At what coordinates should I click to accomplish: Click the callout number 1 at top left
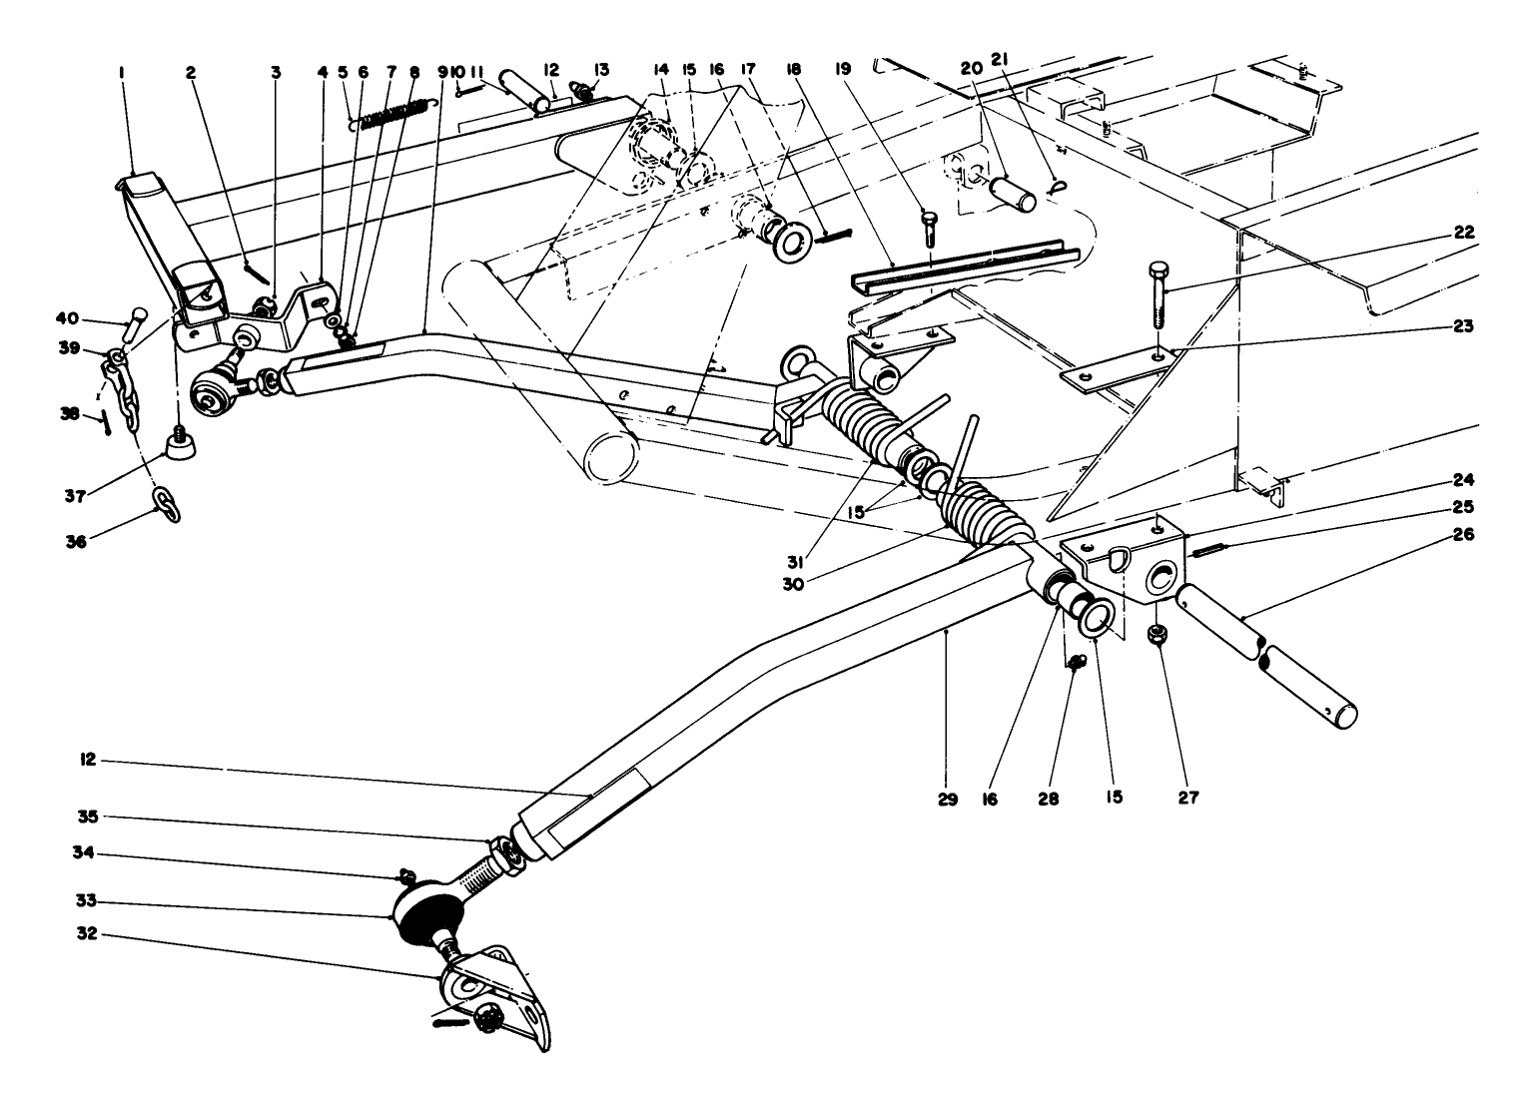[x=121, y=72]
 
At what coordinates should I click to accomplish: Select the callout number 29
[x=948, y=799]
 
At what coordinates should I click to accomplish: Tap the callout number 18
[x=794, y=71]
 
